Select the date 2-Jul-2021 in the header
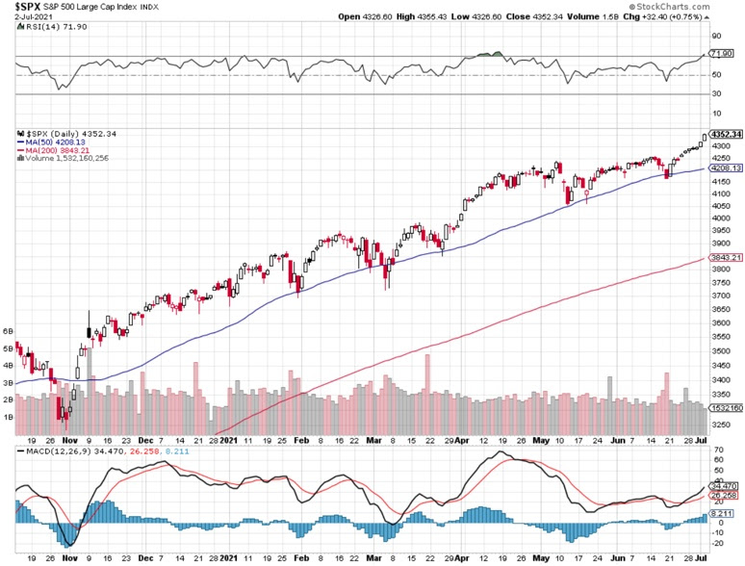pyautogui.click(x=29, y=17)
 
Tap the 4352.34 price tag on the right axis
pyautogui.click(x=726, y=135)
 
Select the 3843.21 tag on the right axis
pyautogui.click(x=724, y=258)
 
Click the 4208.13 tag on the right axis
pyautogui.click(x=724, y=168)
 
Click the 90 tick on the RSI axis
pyautogui.click(x=715, y=37)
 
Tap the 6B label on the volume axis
pyautogui.click(x=10, y=330)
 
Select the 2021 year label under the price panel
pyautogui.click(x=228, y=441)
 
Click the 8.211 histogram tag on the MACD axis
pyautogui.click(x=722, y=514)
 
